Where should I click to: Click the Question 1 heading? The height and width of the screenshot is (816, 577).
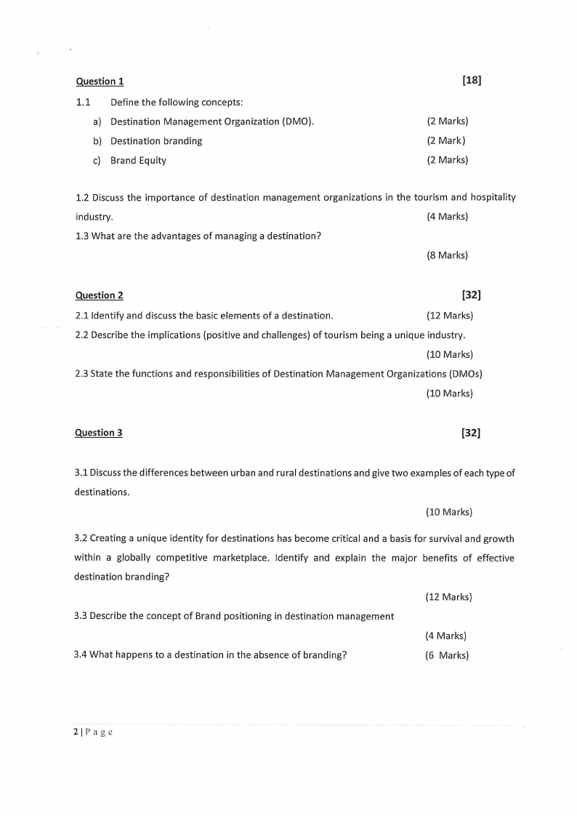pos(100,81)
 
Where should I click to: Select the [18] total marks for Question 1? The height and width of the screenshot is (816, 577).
pos(472,81)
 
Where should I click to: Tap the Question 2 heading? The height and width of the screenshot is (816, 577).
pos(100,295)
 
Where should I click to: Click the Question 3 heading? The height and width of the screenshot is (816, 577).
pos(99,433)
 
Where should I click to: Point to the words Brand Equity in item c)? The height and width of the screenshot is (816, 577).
pos(138,161)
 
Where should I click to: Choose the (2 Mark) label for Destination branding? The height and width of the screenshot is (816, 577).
pos(446,141)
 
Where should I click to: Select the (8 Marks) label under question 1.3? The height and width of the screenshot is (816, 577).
pos(448,255)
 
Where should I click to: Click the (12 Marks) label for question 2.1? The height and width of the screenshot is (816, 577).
pos(450,316)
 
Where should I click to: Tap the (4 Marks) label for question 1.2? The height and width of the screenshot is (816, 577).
pos(448,217)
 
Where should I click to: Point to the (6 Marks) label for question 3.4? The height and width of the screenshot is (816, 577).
pos(447,655)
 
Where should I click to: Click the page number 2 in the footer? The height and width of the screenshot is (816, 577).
pos(76,732)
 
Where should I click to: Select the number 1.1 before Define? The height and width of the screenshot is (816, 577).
pos(84,102)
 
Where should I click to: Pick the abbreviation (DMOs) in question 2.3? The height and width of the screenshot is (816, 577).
pos(466,374)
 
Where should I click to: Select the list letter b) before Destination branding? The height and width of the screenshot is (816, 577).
pos(97,141)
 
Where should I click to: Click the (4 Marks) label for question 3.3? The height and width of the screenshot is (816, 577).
pos(446,636)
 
